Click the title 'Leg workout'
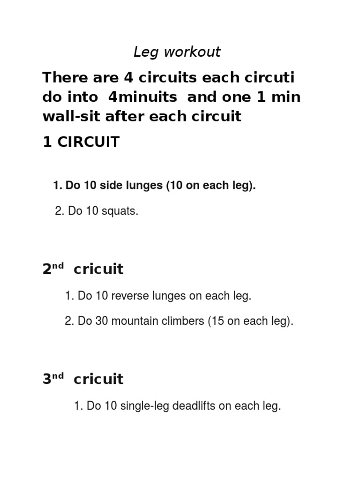point(177,52)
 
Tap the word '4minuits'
point(142,97)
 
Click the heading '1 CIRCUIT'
point(81,142)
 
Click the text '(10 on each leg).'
point(211,186)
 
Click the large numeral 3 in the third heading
point(46,379)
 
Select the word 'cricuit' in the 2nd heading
point(98,270)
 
